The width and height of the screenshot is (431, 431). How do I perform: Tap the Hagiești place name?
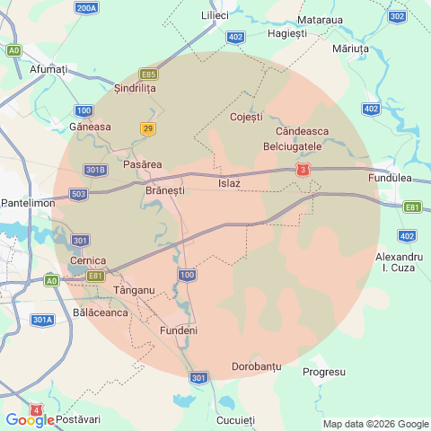pos(287,33)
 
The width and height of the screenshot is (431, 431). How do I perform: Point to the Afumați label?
pos(48,69)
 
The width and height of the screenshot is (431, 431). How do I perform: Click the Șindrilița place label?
pos(136,88)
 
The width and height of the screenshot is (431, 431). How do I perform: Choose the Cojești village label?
pos(246,117)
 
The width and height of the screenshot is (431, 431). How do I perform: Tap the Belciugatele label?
pos(292,145)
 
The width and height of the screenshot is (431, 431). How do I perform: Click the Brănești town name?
pos(164,190)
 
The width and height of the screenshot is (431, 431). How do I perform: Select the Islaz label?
pos(229,183)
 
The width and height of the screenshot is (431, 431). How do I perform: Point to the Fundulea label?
pos(390,179)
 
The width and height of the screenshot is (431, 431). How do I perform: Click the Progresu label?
pos(324,371)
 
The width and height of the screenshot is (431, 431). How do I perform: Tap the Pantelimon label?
pos(28,203)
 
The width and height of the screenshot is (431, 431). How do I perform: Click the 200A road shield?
pos(87,8)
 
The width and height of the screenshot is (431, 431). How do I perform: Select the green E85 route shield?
pos(149,74)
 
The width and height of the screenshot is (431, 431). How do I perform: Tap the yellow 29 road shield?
pos(148,129)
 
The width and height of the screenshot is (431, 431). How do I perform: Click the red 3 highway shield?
pos(305,170)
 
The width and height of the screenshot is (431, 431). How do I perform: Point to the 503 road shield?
pos(78,194)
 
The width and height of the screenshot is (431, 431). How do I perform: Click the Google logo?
pos(29,420)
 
